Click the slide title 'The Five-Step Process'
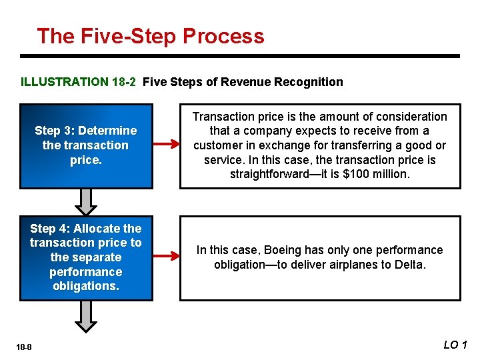point(151,36)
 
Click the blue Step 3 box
point(86,146)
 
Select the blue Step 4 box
point(86,257)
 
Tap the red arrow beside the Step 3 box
point(167,143)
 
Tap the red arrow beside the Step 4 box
point(167,255)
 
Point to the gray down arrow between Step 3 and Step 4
point(86,201)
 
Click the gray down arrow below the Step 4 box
point(86,315)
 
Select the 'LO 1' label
point(456,344)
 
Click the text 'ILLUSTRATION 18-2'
point(79,83)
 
